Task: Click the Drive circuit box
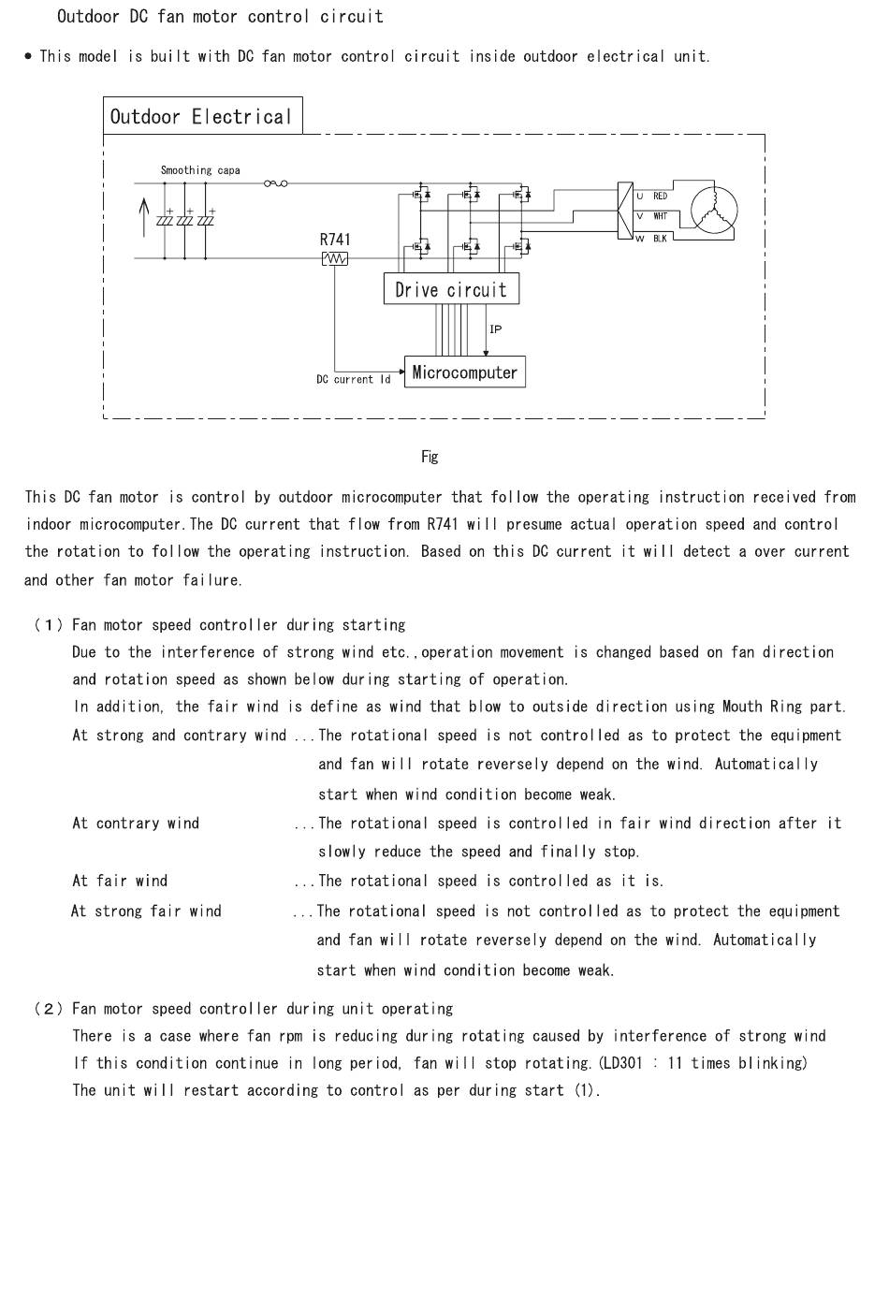pos(451,288)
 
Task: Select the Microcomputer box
pos(465,372)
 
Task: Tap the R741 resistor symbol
pos(335,258)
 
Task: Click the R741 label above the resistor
pos(335,240)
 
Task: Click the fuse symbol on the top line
pos(276,183)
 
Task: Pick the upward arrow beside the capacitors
pos(144,218)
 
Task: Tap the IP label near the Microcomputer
pos(495,329)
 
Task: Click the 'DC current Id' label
pos(354,380)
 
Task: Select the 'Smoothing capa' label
pos(200,170)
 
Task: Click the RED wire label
pos(660,196)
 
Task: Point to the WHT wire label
pos(660,216)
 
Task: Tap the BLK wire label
pos(660,238)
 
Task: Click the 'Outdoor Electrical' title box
pos(203,116)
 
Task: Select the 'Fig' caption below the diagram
pos(430,457)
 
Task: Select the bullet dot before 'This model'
pos(28,56)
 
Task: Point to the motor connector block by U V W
pos(625,211)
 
